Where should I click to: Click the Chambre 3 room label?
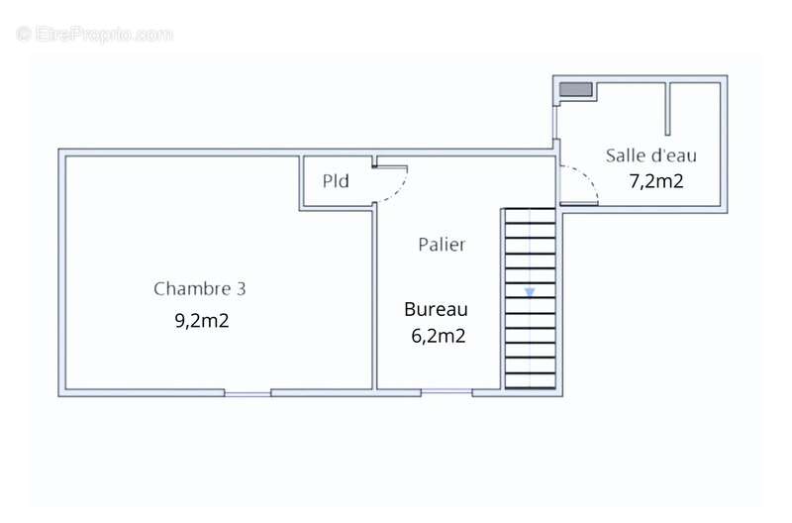pos(200,288)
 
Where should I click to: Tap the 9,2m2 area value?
pos(202,320)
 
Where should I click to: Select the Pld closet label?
pos(336,181)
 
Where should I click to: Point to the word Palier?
pos(442,245)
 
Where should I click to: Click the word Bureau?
pos(436,309)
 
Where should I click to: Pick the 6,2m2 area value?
pos(438,336)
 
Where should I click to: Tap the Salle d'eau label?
pos(651,156)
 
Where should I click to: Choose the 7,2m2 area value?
pos(656,181)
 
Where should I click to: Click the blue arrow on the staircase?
pos(530,292)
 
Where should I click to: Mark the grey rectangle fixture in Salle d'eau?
pos(575,89)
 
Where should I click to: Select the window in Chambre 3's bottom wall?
pos(247,393)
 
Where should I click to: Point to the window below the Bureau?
pos(446,391)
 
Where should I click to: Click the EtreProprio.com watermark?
pos(94,35)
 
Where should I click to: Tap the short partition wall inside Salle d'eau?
pos(667,109)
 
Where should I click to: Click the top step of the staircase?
pos(531,216)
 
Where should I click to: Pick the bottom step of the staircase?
pos(531,381)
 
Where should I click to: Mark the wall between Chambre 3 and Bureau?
pos(374,298)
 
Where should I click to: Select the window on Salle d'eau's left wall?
pos(555,123)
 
